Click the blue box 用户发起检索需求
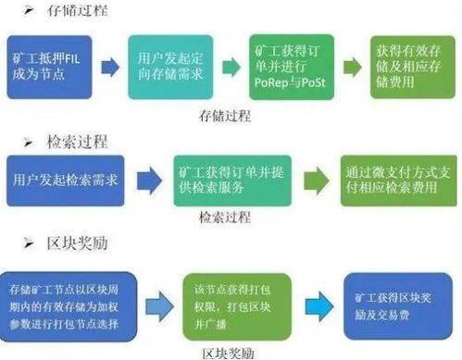pos(65,178)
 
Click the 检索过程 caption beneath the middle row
pos(225,218)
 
